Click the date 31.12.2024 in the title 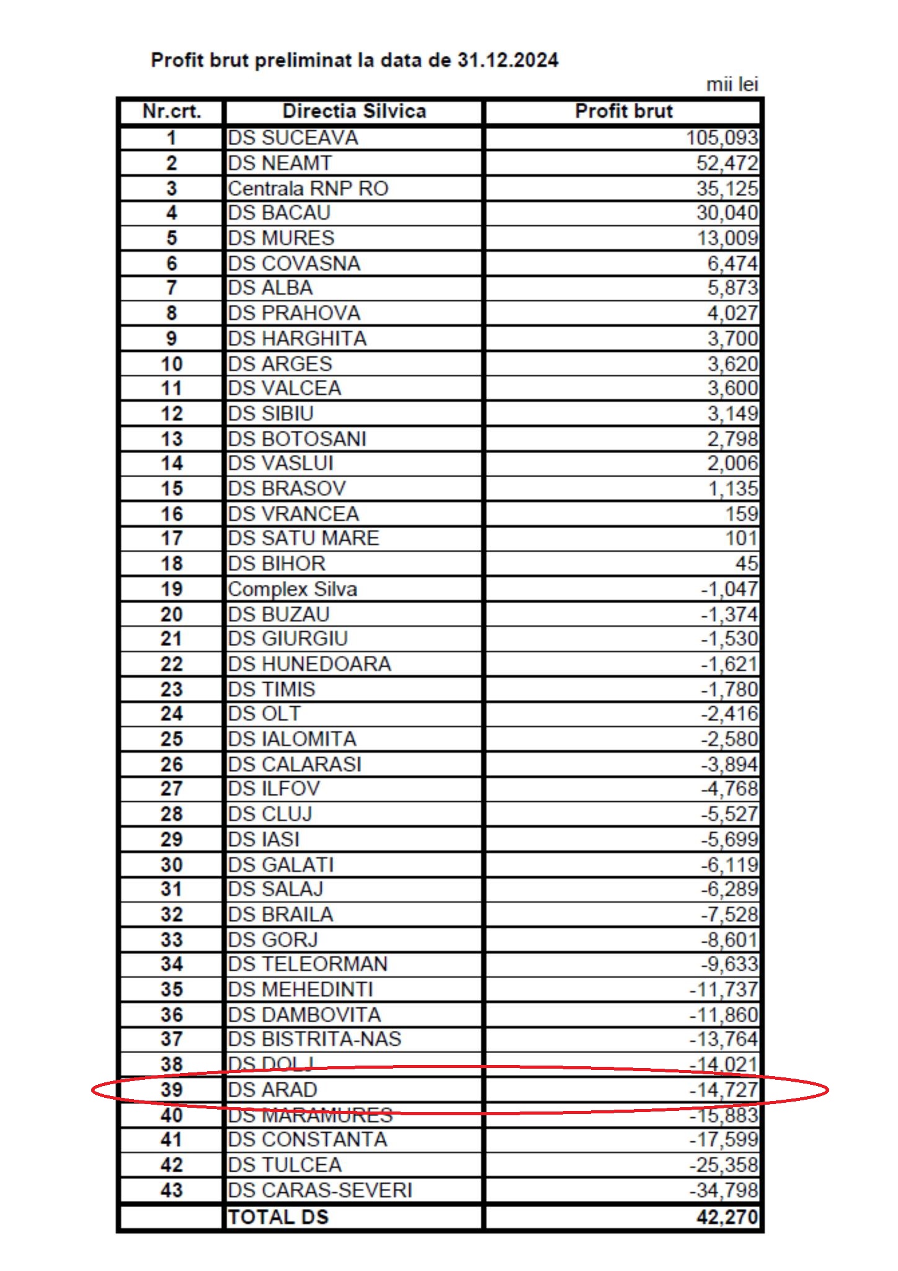point(508,60)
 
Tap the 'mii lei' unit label point(732,84)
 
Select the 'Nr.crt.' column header point(172,112)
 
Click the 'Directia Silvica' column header point(354,112)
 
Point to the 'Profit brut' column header point(623,112)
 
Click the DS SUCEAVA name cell point(293,138)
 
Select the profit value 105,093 point(721,138)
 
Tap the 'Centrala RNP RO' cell point(308,188)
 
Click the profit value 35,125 point(727,188)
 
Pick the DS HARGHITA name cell point(297,338)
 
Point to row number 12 point(172,413)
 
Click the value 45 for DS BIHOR point(746,564)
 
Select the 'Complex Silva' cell point(292,589)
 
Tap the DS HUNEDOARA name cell point(309,664)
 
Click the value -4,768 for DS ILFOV point(729,789)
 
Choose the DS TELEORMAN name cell point(308,964)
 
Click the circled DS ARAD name point(272,1089)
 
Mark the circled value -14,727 point(723,1089)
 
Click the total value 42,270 point(727,1217)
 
